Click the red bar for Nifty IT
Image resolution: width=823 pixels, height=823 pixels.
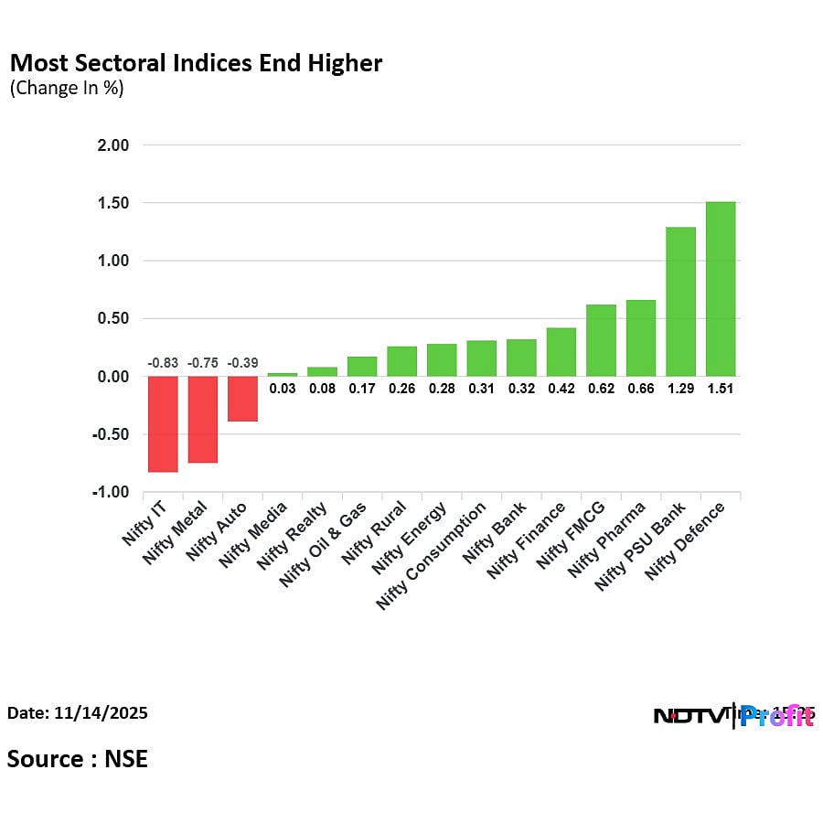point(163,424)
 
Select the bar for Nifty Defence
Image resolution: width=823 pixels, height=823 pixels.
point(721,289)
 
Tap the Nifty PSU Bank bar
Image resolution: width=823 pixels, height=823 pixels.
point(680,302)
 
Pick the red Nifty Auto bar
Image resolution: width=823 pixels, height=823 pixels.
point(242,399)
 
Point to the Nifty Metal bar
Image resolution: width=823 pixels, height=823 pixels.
point(203,420)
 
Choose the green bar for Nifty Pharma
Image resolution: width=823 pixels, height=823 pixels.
point(641,338)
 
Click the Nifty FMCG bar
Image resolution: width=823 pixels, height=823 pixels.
point(601,340)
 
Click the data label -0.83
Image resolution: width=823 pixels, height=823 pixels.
point(163,363)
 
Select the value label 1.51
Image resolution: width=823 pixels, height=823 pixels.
point(721,389)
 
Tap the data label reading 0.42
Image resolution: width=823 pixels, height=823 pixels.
point(561,389)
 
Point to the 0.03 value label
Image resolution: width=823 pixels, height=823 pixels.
point(283,389)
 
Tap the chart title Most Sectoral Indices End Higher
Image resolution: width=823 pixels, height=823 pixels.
point(196,63)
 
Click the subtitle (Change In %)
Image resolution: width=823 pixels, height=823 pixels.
point(66,89)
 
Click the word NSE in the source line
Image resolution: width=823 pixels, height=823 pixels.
point(124,758)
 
